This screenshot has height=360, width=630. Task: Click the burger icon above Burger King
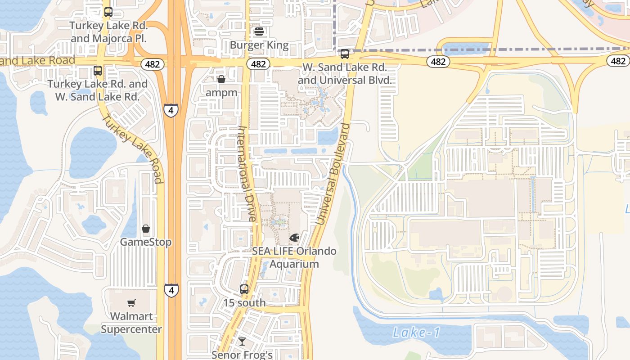point(259,31)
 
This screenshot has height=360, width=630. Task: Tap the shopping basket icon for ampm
point(221,79)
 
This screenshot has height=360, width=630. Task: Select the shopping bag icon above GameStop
point(146,229)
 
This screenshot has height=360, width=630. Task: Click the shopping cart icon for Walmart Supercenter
point(131,303)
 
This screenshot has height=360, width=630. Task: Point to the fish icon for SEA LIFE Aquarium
point(294,237)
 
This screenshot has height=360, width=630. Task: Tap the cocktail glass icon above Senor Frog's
point(242,342)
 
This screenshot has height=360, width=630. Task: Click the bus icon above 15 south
point(244,289)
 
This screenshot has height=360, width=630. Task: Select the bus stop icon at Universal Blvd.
point(345,54)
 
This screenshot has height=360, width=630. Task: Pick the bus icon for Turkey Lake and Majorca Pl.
point(108,12)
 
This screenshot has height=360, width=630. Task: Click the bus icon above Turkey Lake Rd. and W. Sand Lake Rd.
point(98,71)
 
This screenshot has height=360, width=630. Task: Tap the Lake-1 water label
point(416,333)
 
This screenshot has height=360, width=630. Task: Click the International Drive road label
point(247,173)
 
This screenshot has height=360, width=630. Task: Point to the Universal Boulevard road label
point(333,174)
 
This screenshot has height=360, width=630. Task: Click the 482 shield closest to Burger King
point(258,64)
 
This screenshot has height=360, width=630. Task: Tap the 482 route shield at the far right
point(618,61)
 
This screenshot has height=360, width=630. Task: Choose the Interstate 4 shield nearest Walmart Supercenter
point(171,290)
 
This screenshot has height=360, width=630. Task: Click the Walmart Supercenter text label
point(131,323)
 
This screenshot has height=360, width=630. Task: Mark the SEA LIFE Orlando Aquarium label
point(294,257)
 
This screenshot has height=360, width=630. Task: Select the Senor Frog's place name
point(242,355)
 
